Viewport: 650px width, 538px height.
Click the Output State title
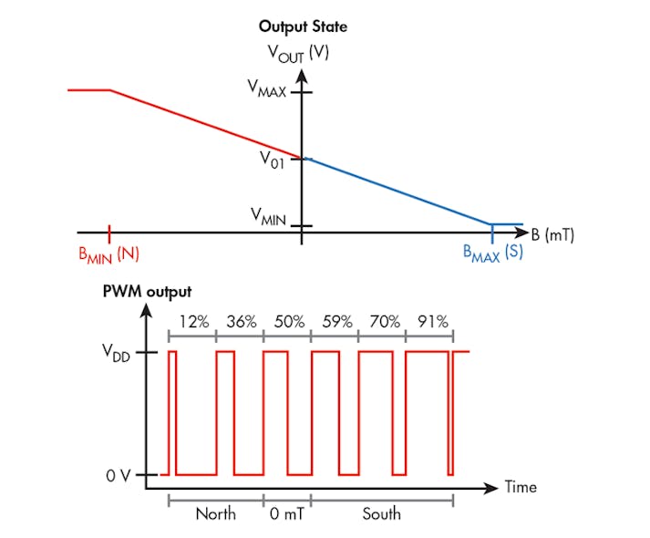[303, 26]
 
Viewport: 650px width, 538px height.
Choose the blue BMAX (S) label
[492, 253]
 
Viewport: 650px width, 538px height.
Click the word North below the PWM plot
[215, 513]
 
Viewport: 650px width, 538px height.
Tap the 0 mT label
[286, 513]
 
